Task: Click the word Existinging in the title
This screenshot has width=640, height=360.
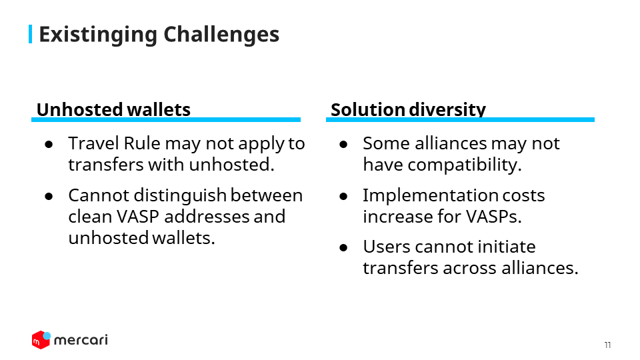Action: (98, 35)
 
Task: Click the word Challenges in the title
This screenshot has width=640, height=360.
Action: (221, 34)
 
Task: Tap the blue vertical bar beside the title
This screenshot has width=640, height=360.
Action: (30, 34)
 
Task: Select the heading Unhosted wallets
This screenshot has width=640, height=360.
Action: (113, 109)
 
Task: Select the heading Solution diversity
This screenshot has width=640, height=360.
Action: (408, 109)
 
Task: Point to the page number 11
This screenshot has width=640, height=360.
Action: (608, 345)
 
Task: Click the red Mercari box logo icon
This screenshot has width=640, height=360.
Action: (41, 339)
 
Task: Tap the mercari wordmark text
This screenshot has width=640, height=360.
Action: (81, 340)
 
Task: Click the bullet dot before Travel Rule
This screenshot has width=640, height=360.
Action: (49, 144)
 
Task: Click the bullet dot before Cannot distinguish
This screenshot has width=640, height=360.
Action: (49, 196)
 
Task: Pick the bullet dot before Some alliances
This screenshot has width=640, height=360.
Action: (343, 144)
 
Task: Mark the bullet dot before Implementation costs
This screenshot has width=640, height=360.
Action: (343, 196)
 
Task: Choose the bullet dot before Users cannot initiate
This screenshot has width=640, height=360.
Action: (343, 248)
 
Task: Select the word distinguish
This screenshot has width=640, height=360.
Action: (180, 196)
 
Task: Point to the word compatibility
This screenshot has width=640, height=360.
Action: (465, 165)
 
